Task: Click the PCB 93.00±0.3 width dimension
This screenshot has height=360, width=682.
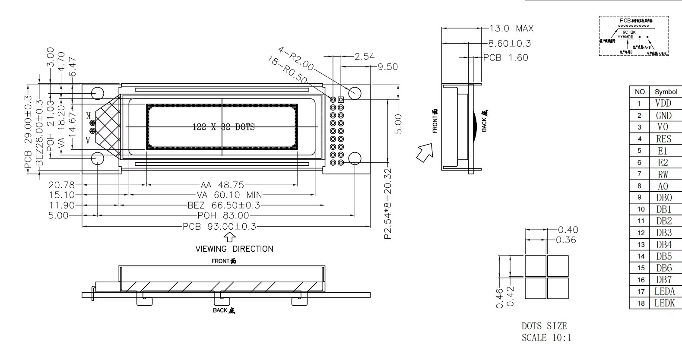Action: pos(219,226)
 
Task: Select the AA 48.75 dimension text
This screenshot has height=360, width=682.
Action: pos(222,185)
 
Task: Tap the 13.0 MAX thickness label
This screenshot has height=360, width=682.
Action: pos(511,28)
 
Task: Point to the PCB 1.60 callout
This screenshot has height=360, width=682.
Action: pos(505,57)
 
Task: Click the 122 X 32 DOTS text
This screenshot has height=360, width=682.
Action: pos(223,127)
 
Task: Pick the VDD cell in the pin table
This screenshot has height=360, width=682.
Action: pos(663,104)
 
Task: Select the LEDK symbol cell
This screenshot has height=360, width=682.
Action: pos(664,303)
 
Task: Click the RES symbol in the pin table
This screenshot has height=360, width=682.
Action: pos(663,139)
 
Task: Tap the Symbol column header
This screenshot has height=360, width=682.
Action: pos(666,92)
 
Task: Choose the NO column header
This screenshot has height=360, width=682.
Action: pos(640,92)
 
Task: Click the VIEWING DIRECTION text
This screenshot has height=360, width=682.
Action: pos(234,249)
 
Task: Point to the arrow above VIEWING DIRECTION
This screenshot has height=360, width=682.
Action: pos(230,237)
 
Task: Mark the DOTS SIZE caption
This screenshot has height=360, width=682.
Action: pos(544,326)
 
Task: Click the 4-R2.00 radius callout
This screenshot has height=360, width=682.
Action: pos(296,59)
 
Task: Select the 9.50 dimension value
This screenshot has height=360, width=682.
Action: pos(387,66)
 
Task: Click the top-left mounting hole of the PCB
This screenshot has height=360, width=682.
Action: pos(98,93)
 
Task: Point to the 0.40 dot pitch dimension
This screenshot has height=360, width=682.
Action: pos(568,230)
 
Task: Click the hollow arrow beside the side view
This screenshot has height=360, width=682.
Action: pos(425,154)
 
